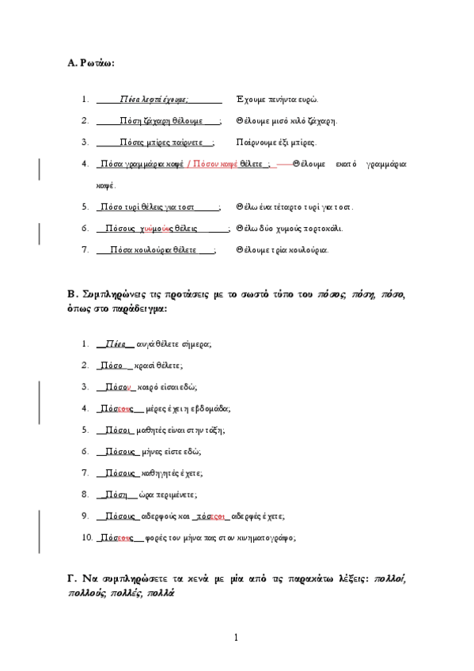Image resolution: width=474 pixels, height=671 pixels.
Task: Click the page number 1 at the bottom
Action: click(236, 637)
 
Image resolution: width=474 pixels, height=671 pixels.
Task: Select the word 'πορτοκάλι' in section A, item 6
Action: click(324, 229)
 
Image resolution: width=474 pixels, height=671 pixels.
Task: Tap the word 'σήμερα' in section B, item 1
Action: click(195, 344)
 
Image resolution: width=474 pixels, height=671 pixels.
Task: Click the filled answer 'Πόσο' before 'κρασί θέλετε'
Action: click(110, 366)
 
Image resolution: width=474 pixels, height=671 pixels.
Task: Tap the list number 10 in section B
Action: click(87, 537)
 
